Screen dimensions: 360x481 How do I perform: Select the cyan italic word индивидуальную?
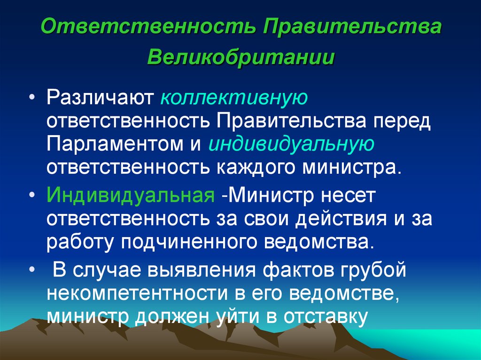point(292,144)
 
